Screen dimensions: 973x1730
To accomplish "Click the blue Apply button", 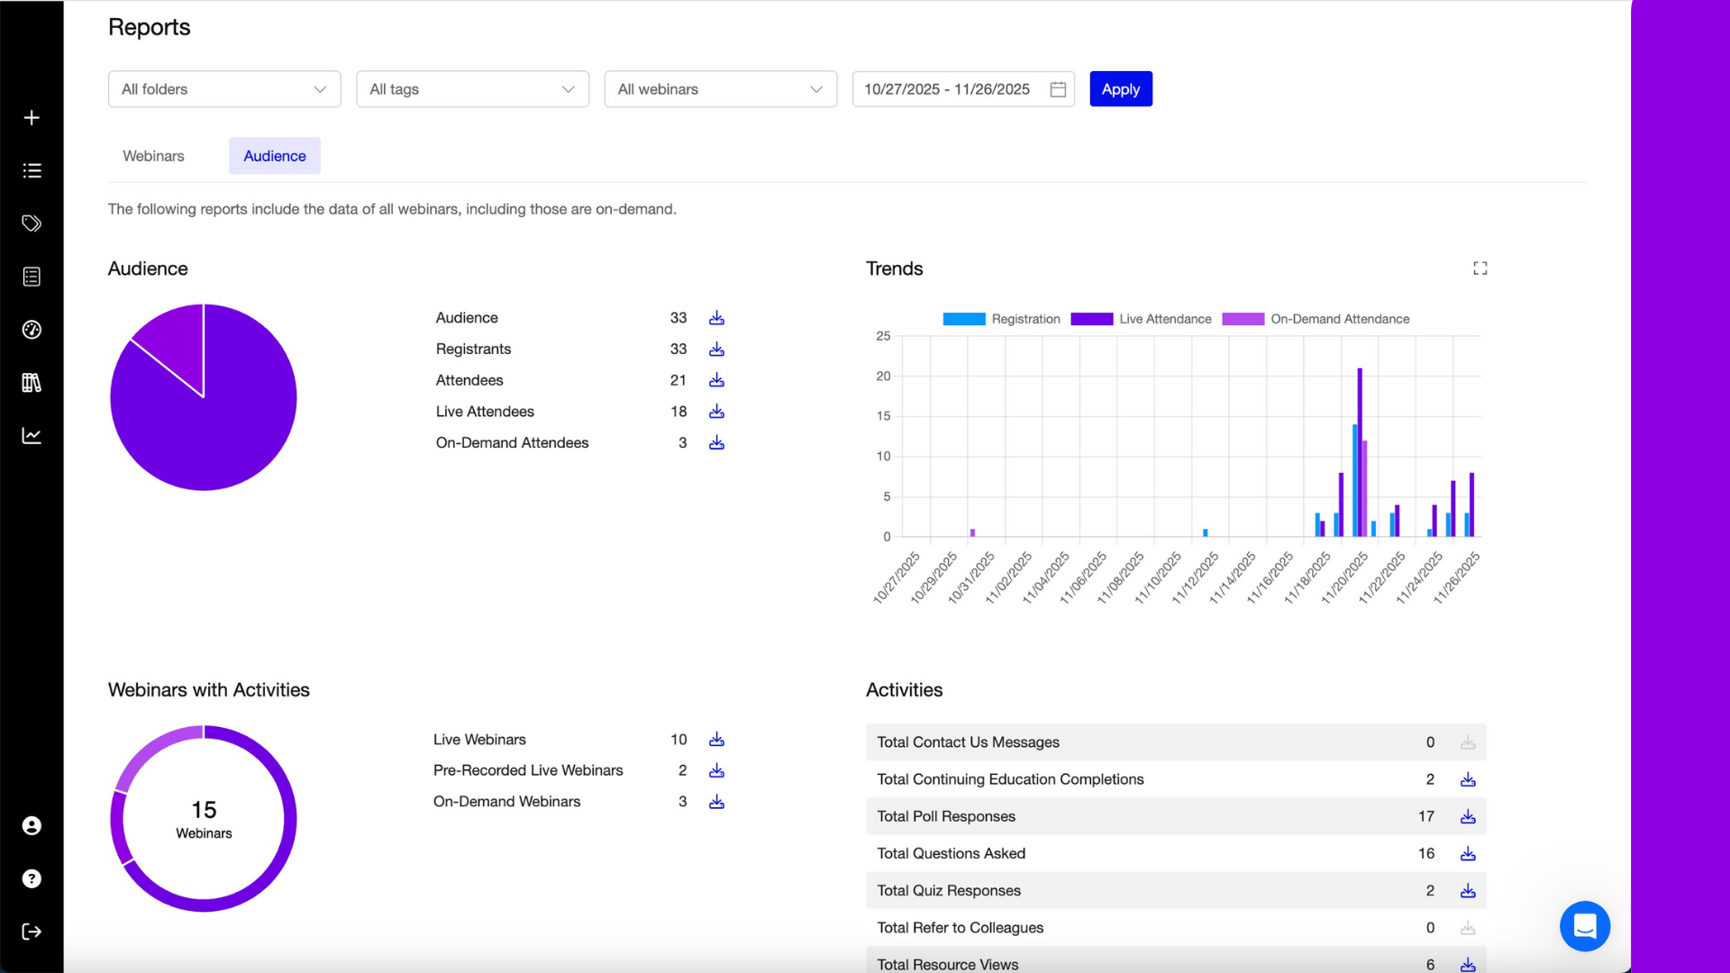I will coord(1120,89).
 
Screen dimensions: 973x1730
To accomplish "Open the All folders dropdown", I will coord(224,89).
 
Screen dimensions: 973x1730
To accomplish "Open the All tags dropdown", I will coord(472,89).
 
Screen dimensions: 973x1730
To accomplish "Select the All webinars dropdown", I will coord(720,89).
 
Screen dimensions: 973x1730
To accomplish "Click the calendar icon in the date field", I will coord(1058,89).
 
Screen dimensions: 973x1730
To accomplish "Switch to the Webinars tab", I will coord(153,156).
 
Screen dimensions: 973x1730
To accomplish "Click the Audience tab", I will coord(274,156).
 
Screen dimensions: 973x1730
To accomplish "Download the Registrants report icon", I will coord(716,350).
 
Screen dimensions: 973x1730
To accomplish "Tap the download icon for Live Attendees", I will coord(716,412).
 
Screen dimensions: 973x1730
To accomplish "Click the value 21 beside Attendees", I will coord(678,380).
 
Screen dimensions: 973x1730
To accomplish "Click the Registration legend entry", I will coord(1001,319).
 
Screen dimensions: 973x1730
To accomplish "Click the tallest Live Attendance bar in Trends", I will coord(1360,450).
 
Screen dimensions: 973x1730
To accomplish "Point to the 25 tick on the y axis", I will coord(883,336).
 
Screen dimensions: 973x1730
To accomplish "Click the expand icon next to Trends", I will coord(1480,268).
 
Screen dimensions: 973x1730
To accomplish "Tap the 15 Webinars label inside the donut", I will coord(204,818).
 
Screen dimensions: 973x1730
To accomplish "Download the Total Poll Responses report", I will coord(1468,816).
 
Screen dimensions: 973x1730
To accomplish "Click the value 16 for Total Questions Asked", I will coord(1425,853).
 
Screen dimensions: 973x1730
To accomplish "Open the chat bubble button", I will coord(1584,926).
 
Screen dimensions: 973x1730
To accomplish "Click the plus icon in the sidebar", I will coord(32,118).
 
